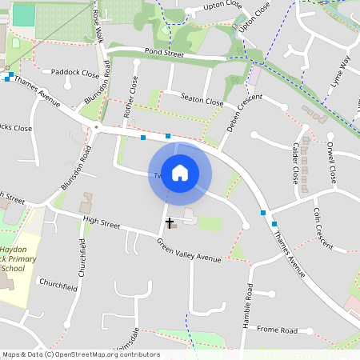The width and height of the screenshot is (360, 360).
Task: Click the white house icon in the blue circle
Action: (x=180, y=172)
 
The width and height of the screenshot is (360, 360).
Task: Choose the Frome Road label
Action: (x=278, y=330)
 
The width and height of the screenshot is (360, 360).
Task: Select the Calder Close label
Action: (x=295, y=161)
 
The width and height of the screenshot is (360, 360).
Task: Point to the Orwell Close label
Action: (x=330, y=162)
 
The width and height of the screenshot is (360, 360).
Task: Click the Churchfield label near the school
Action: (x=55, y=284)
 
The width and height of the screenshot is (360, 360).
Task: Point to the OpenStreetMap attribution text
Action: (x=81, y=354)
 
